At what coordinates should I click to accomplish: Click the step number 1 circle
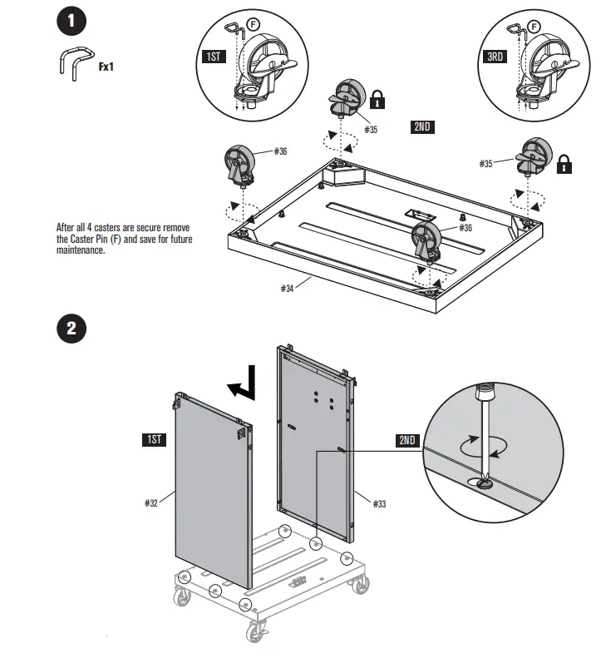click(72, 22)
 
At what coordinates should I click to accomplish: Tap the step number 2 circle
click(72, 328)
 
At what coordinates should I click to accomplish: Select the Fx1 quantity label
click(106, 64)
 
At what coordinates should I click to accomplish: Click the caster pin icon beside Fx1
click(73, 64)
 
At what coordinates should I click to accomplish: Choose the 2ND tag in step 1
click(423, 127)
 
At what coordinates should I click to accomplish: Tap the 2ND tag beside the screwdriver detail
click(407, 440)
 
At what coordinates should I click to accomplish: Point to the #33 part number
click(378, 504)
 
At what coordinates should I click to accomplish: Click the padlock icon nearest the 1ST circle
click(377, 101)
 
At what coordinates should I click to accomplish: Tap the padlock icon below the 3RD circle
click(564, 163)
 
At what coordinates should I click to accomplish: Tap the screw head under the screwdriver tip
click(483, 480)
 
